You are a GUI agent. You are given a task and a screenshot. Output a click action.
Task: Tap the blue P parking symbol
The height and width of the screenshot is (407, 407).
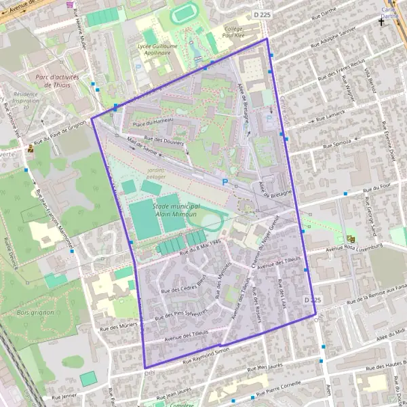[225, 181]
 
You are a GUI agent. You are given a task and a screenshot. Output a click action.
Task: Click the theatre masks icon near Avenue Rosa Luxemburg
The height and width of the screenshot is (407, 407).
[351, 239]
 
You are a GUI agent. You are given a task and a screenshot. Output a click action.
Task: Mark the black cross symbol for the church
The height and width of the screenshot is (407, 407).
[381, 22]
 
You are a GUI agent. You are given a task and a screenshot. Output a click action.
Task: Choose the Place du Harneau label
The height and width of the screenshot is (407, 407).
[153, 122]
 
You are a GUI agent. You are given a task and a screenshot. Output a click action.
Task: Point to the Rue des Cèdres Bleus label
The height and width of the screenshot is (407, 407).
[182, 285]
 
